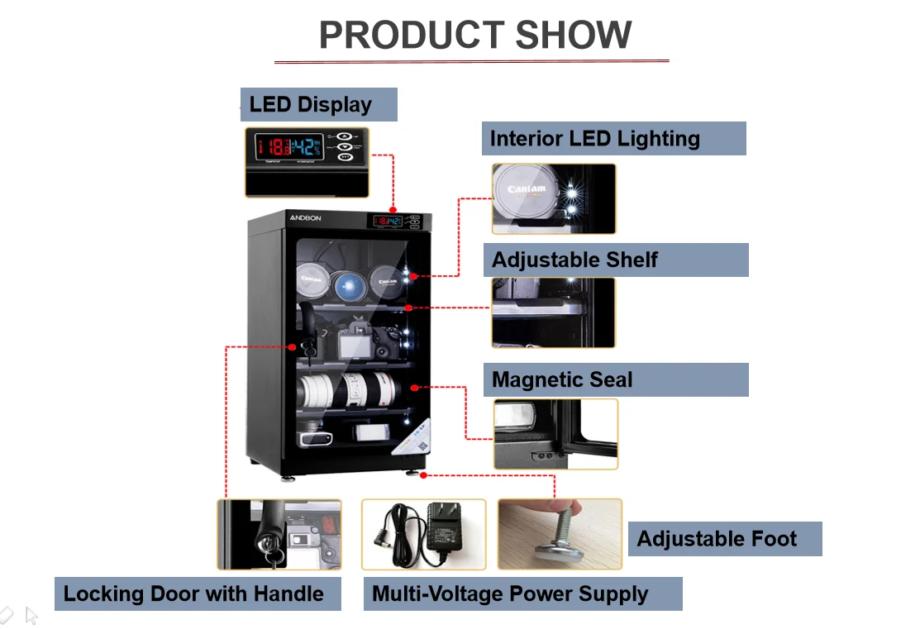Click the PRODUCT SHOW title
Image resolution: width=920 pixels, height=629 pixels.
(x=475, y=36)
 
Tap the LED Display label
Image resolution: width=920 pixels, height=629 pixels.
(x=318, y=105)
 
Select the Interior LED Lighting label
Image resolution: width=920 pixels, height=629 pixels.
(x=613, y=139)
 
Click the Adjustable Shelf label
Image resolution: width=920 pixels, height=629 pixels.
(x=615, y=260)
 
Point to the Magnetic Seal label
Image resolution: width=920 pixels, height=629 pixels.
(x=615, y=380)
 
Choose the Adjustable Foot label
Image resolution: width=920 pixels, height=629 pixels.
(x=724, y=539)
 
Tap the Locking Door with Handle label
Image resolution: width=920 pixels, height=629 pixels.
(x=197, y=594)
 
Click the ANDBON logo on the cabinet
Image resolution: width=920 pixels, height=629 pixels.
(x=305, y=217)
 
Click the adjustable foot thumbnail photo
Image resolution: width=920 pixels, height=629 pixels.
(x=559, y=534)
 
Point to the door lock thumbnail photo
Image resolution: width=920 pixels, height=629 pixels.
(x=279, y=534)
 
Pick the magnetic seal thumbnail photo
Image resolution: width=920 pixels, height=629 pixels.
(x=555, y=434)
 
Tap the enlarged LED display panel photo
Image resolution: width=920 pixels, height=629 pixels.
(x=306, y=162)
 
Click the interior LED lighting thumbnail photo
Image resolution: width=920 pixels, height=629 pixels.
(x=553, y=198)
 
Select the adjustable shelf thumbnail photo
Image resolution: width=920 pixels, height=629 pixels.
(x=553, y=312)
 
